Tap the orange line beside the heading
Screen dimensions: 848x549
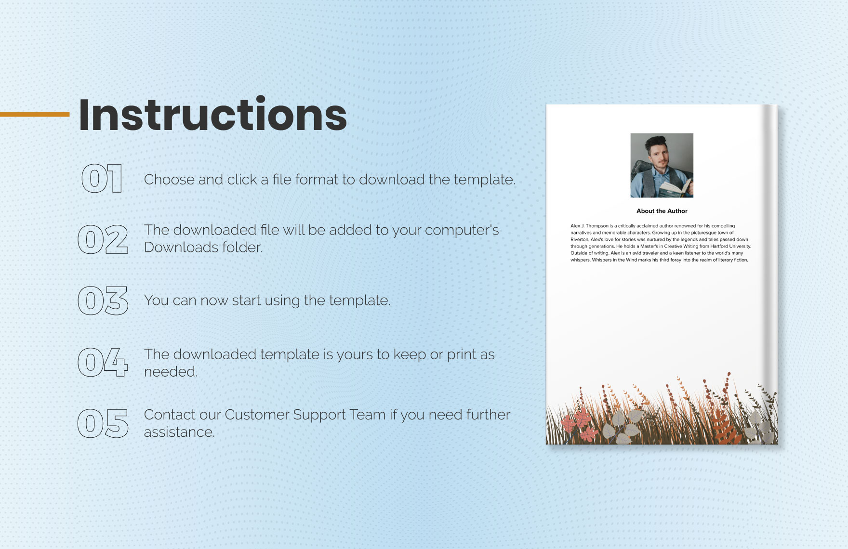point(35,115)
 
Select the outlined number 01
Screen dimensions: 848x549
point(102,179)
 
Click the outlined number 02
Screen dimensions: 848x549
point(103,239)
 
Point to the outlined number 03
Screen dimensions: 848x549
point(103,301)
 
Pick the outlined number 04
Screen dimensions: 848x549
point(103,362)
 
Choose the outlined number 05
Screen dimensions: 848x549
point(103,423)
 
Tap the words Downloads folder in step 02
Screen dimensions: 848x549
point(203,247)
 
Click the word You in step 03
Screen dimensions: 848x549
point(156,301)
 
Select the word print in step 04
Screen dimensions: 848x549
point(461,355)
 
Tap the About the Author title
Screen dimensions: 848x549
point(662,211)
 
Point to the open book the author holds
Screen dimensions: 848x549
point(675,188)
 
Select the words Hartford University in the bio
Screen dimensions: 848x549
point(730,246)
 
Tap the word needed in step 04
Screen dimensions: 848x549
point(171,372)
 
